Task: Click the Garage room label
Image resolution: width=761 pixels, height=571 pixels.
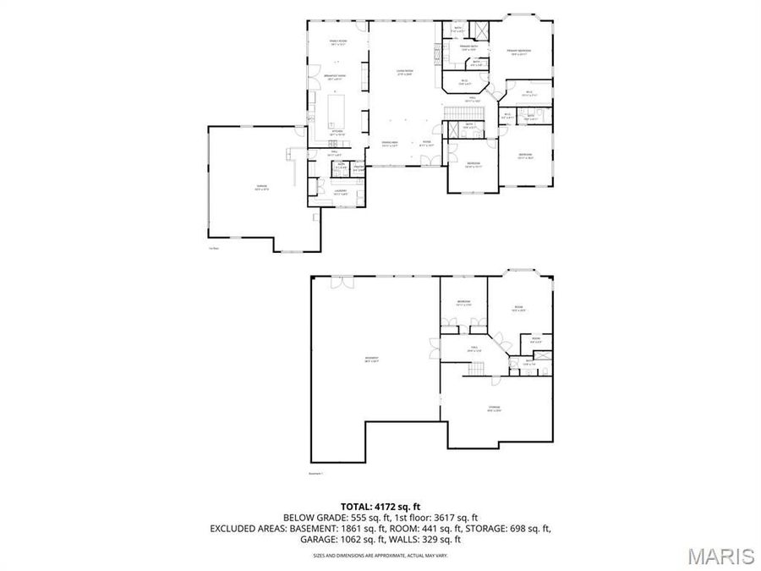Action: (x=249, y=189)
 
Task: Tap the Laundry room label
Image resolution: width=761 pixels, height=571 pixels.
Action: (x=341, y=192)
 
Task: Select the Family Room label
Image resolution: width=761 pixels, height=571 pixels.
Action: (x=337, y=41)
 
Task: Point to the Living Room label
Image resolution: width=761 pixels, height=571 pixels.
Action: (x=404, y=73)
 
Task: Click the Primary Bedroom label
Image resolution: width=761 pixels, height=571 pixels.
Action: (x=518, y=52)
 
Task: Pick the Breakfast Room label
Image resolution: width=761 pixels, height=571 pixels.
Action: (x=337, y=77)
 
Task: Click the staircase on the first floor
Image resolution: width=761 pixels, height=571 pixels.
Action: (x=462, y=114)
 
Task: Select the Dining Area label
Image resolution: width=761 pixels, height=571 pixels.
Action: (x=390, y=143)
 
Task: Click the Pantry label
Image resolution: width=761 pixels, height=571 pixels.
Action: (x=358, y=169)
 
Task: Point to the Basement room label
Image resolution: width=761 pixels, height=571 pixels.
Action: (x=371, y=359)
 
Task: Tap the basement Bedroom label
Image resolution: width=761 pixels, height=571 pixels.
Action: (x=463, y=303)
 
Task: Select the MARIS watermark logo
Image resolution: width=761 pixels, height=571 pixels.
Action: (x=720, y=556)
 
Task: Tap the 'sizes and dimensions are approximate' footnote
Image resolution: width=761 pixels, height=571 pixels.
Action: (x=380, y=556)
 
